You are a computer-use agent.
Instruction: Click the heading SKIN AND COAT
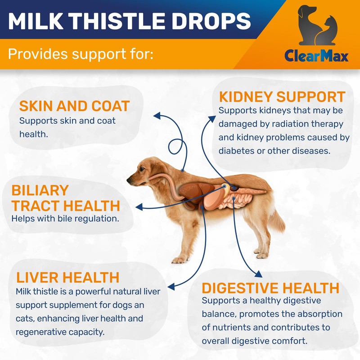point(74,106)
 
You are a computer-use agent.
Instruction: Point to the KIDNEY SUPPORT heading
point(282,97)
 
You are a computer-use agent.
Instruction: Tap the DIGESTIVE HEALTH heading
point(270,288)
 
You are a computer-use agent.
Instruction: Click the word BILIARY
point(40,190)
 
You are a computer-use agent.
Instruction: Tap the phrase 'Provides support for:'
point(81,54)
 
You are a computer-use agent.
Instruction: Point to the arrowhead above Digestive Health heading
point(257,274)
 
